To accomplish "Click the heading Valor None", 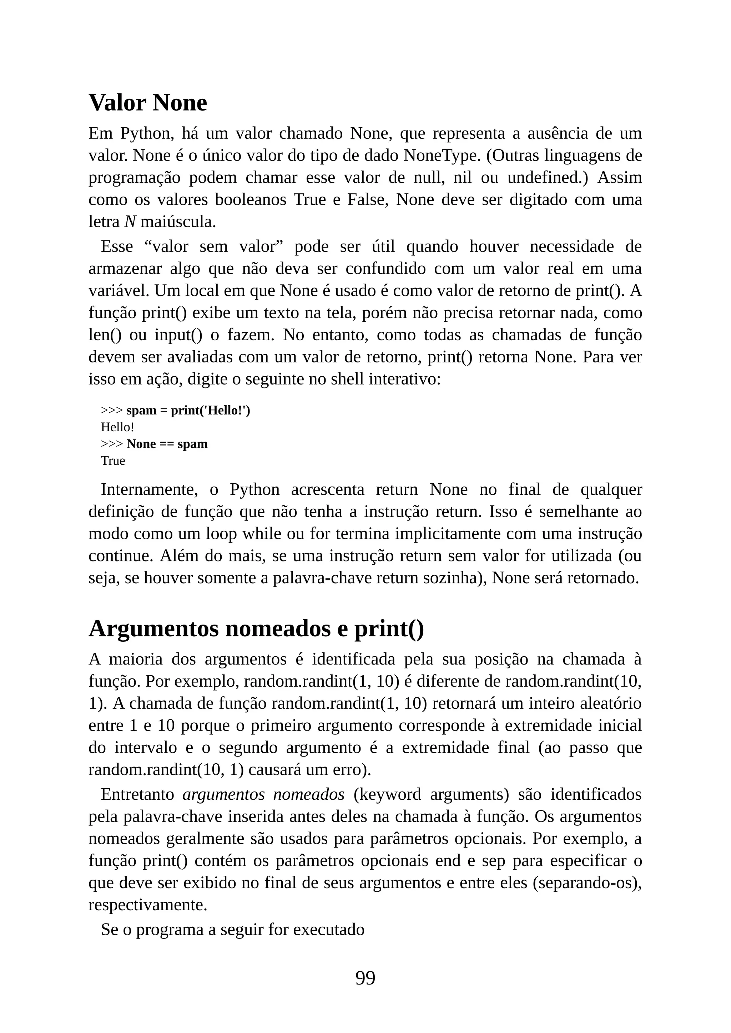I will click(148, 103).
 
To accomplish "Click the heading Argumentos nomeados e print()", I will click(256, 629).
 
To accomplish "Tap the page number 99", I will click(365, 978).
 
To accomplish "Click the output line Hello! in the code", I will click(117, 427).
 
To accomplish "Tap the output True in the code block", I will click(113, 461).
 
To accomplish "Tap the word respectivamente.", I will click(148, 905).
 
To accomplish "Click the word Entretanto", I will click(137, 794).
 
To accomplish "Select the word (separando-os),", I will click(587, 883).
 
